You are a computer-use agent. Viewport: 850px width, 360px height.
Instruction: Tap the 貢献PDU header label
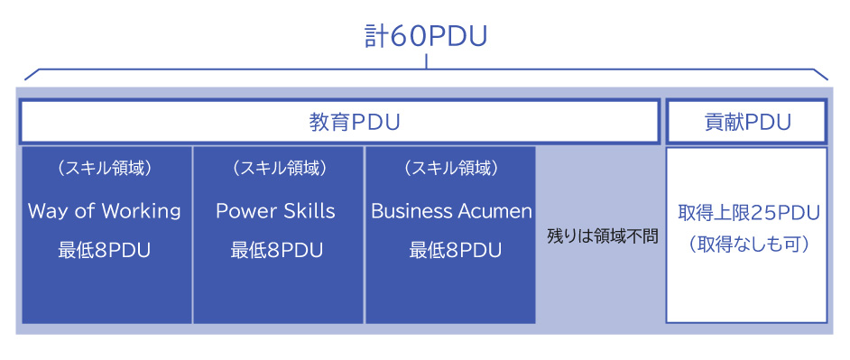pos(747,123)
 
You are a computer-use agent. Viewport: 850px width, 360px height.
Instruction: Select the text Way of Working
pos(105,211)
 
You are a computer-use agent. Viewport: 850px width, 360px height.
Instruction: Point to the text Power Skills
pos(275,211)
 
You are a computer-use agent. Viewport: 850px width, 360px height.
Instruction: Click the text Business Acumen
pos(451,211)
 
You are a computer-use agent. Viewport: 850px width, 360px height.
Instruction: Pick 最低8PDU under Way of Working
pos(105,250)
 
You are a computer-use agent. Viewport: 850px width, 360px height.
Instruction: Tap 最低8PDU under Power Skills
pos(275,250)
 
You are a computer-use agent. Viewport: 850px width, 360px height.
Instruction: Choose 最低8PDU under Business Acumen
pos(451,250)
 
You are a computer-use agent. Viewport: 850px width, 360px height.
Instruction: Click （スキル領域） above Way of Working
pos(105,169)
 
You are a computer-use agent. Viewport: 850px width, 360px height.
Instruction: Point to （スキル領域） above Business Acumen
pos(451,169)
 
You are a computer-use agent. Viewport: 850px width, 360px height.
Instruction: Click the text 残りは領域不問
pos(602,236)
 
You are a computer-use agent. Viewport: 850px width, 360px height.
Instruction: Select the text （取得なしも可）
pos(748,245)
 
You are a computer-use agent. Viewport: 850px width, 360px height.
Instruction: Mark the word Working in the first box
pos(141,211)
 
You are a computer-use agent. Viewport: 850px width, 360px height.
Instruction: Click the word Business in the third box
pos(409,211)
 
